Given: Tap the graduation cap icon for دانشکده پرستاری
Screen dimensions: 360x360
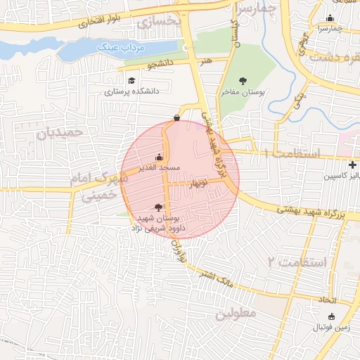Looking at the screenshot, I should point(131,81).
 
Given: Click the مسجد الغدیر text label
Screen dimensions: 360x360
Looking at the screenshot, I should point(160,167).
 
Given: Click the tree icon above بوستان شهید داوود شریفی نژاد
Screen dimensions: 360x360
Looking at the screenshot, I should point(157,207).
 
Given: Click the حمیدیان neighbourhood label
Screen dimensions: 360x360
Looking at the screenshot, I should point(60,131).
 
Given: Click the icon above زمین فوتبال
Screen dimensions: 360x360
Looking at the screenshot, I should point(332,316).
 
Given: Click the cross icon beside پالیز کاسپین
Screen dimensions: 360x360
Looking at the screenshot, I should point(352,165).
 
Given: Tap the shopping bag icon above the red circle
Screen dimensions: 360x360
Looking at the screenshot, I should point(176,117).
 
